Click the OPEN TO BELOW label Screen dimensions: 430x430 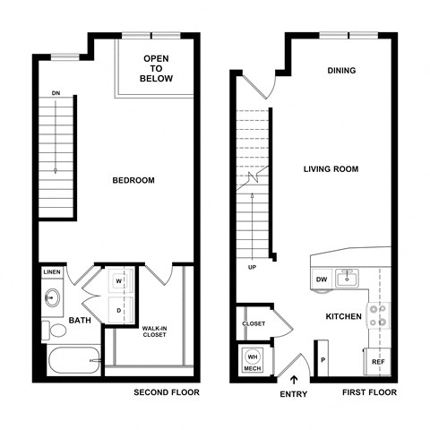click(156, 68)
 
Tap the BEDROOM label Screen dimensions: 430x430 click(133, 180)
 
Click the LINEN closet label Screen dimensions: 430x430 click(52, 272)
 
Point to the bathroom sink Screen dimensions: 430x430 click(52, 297)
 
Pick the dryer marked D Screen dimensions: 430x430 click(119, 310)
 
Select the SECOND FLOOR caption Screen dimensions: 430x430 click(167, 393)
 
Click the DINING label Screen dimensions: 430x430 click(341, 71)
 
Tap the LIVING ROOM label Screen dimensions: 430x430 click(331, 168)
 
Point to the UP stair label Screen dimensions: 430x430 click(254, 267)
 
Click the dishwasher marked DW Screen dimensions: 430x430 click(322, 279)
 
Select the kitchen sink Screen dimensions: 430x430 click(347, 279)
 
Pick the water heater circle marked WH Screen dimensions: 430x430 click(252, 356)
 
